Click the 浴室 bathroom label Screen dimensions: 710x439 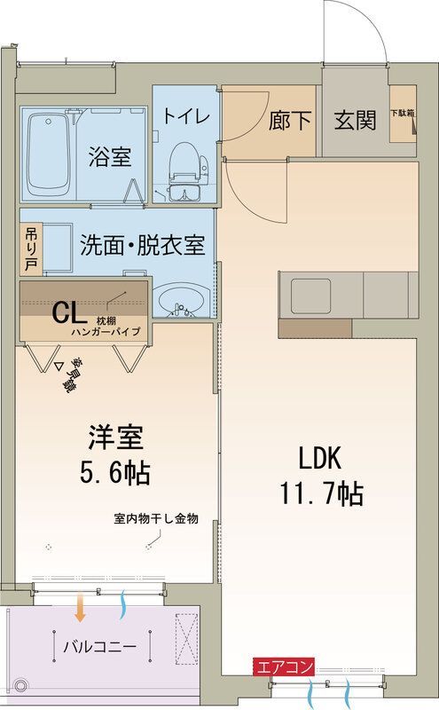110,157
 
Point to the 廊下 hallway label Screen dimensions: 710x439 290,121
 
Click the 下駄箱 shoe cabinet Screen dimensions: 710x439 404,116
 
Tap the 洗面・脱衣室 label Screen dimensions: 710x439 142,245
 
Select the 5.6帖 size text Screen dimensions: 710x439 115,471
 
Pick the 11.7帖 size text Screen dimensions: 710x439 320,493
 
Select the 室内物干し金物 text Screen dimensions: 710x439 155,518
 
